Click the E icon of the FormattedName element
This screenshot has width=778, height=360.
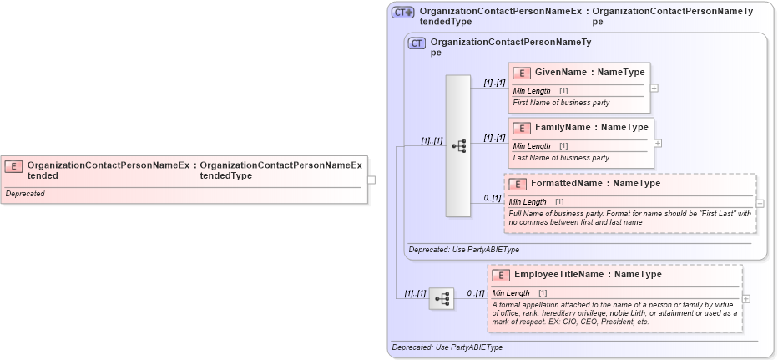click(518, 184)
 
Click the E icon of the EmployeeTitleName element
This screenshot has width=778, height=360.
click(502, 275)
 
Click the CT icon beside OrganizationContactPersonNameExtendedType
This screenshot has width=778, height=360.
click(403, 13)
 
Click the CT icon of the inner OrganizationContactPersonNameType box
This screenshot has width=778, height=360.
click(417, 43)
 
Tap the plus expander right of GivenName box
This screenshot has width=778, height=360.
click(654, 88)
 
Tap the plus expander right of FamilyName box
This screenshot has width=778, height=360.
click(659, 143)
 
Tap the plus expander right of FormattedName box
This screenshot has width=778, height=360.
click(760, 203)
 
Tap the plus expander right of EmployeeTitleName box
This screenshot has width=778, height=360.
click(745, 298)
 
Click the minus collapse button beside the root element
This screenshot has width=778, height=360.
click(371, 179)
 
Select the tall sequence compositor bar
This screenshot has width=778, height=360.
click(458, 145)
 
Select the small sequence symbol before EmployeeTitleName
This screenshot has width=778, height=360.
click(442, 298)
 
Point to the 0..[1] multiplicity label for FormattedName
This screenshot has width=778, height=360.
click(493, 198)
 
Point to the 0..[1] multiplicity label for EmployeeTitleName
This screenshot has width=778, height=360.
click(474, 293)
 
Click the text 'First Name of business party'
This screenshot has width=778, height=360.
click(561, 103)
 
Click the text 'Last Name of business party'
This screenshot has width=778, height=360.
click(561, 158)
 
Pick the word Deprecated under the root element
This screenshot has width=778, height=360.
click(25, 194)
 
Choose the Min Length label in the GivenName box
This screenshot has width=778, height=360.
click(532, 90)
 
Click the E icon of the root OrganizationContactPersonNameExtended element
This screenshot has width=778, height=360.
click(13, 166)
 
